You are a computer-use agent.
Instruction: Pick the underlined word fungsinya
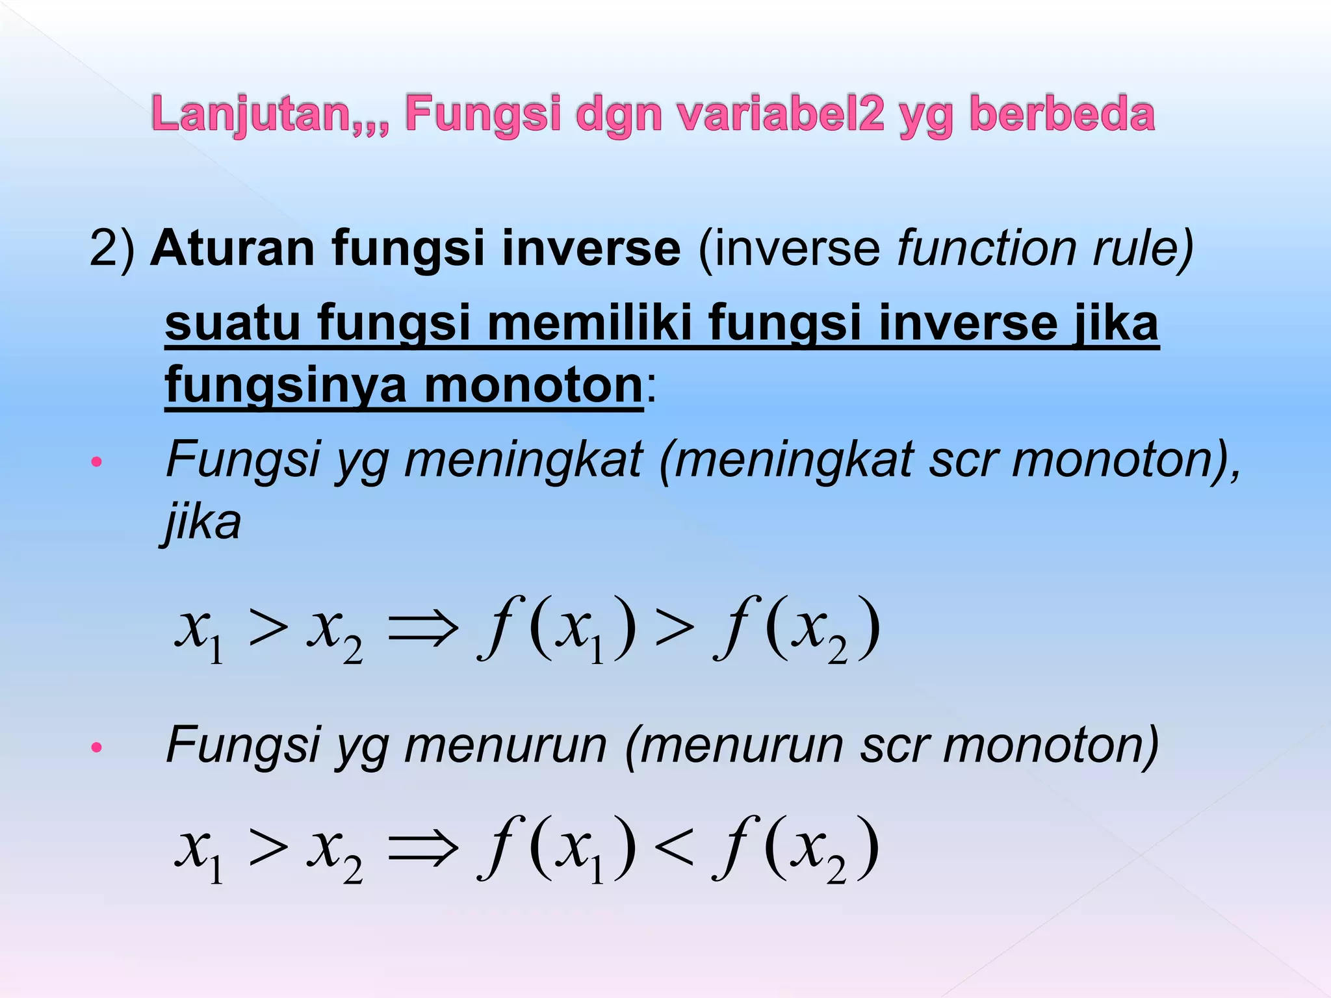286,385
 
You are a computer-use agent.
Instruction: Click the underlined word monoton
533,385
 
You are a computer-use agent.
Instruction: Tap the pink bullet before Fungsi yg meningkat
97,463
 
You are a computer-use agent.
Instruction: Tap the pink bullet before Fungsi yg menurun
97,747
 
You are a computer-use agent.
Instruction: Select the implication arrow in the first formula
422,630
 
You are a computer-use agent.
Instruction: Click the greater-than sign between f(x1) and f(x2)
674,630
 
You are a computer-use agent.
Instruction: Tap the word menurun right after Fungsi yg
506,745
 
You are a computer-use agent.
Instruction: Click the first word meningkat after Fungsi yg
523,460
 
